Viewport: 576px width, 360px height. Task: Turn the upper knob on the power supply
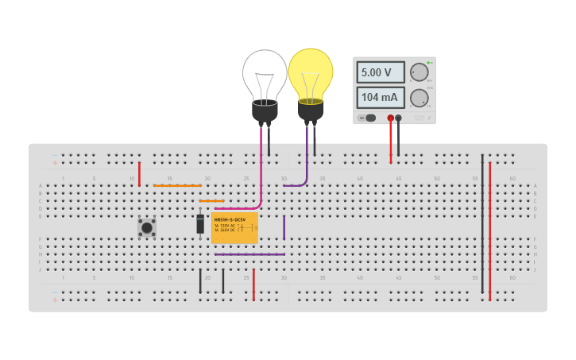[418, 72]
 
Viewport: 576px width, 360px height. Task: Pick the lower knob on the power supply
[418, 98]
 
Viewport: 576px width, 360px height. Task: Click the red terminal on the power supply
[390, 118]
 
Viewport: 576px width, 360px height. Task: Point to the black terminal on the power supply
[399, 118]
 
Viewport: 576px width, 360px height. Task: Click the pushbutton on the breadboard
[147, 227]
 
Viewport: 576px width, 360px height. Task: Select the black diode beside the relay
[200, 225]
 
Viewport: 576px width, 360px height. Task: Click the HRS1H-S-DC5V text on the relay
[230, 219]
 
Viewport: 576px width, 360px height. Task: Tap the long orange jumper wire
[177, 186]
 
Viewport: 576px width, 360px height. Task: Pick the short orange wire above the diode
[211, 201]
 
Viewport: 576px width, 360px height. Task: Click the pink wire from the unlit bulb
[261, 171]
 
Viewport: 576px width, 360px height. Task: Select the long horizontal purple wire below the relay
[249, 254]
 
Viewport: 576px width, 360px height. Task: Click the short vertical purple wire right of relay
[284, 227]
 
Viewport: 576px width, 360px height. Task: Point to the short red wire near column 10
[139, 173]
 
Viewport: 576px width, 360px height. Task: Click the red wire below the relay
[253, 285]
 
